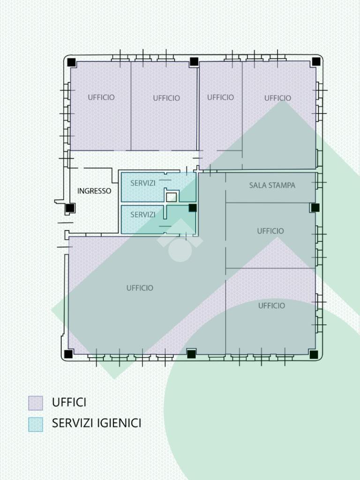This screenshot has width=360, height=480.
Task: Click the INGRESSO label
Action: point(94,191)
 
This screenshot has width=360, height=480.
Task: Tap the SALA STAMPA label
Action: point(272,185)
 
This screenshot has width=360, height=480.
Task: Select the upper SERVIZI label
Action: point(143,183)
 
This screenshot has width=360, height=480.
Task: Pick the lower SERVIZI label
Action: point(143,215)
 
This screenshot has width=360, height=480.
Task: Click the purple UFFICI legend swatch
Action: point(36,403)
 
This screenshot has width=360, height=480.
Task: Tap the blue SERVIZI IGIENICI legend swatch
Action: point(36,424)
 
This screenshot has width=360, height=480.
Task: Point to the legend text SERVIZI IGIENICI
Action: point(97,423)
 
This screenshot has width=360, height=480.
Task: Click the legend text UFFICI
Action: point(69,402)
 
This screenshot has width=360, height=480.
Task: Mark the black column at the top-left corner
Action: point(71,62)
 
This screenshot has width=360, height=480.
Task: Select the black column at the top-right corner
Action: point(316,62)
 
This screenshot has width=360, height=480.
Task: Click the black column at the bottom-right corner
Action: point(314,354)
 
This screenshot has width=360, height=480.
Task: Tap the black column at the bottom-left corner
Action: point(68,354)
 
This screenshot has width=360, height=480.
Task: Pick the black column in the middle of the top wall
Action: point(194,61)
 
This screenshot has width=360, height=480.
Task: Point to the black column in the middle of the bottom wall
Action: point(191,354)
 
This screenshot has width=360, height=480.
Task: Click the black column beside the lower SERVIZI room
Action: point(193,208)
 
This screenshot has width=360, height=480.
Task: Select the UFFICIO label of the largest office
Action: point(140,288)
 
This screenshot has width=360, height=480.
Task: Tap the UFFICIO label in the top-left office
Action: point(101,97)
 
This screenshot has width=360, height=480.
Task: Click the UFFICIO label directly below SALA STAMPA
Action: point(270,231)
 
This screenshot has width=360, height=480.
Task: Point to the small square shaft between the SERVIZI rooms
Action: point(172,197)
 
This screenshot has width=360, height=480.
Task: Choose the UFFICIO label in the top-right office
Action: point(277,98)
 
